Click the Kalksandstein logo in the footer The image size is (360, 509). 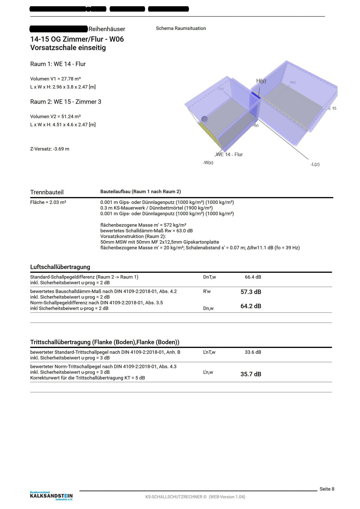click(51, 496)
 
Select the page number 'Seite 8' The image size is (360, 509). click(327, 489)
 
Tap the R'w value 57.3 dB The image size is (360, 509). click(251, 292)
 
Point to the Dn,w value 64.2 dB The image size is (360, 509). click(251, 306)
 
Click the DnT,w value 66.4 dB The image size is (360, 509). click(253, 277)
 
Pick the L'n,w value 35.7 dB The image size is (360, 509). click(251, 374)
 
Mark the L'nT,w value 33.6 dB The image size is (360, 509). click(253, 352)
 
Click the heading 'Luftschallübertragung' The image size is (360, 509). click(60, 267)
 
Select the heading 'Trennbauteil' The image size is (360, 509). click(47, 192)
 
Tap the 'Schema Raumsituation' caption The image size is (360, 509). click(181, 28)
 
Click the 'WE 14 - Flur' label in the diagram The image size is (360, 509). click(229, 154)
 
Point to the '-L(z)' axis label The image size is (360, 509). click(315, 164)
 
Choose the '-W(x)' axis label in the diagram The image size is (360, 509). click(208, 163)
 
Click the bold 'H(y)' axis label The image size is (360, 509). click(261, 81)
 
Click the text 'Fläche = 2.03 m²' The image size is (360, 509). click(48, 202)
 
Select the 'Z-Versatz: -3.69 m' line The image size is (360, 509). click(50, 149)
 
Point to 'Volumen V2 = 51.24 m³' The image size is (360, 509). click(55, 116)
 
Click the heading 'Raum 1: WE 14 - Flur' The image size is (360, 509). click(58, 64)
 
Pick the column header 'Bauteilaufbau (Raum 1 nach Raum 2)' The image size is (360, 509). click(140, 192)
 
